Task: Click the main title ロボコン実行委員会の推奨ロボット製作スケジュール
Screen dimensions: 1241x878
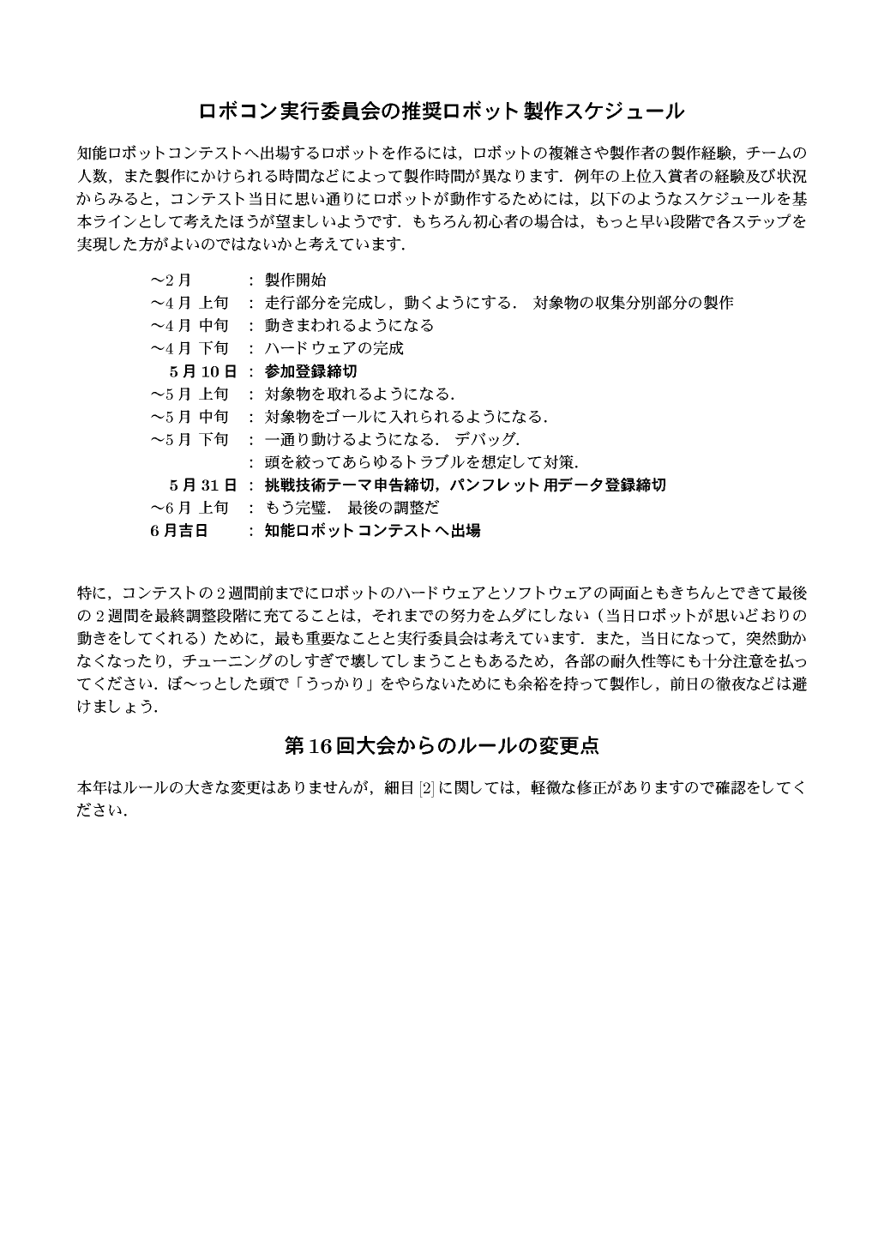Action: coord(441,111)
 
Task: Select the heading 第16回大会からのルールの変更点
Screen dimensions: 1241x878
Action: coord(441,746)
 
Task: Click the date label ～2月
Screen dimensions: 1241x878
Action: coord(171,280)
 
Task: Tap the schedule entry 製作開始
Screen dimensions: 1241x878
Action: coord(295,280)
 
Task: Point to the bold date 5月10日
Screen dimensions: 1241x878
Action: coord(202,371)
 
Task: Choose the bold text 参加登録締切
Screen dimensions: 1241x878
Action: coord(310,371)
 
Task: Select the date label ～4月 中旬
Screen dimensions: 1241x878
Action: coord(189,326)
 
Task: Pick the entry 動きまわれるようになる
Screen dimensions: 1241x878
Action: coord(349,326)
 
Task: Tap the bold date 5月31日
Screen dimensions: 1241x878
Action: coord(202,485)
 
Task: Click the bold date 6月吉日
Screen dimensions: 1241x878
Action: coord(178,531)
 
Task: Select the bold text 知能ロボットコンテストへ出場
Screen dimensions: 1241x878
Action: coord(372,531)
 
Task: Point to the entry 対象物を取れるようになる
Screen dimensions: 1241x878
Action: coord(359,395)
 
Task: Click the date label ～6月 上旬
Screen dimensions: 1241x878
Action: coord(189,508)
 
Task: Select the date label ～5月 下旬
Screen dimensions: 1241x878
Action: coord(189,440)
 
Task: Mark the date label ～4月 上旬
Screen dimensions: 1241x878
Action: coord(189,303)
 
